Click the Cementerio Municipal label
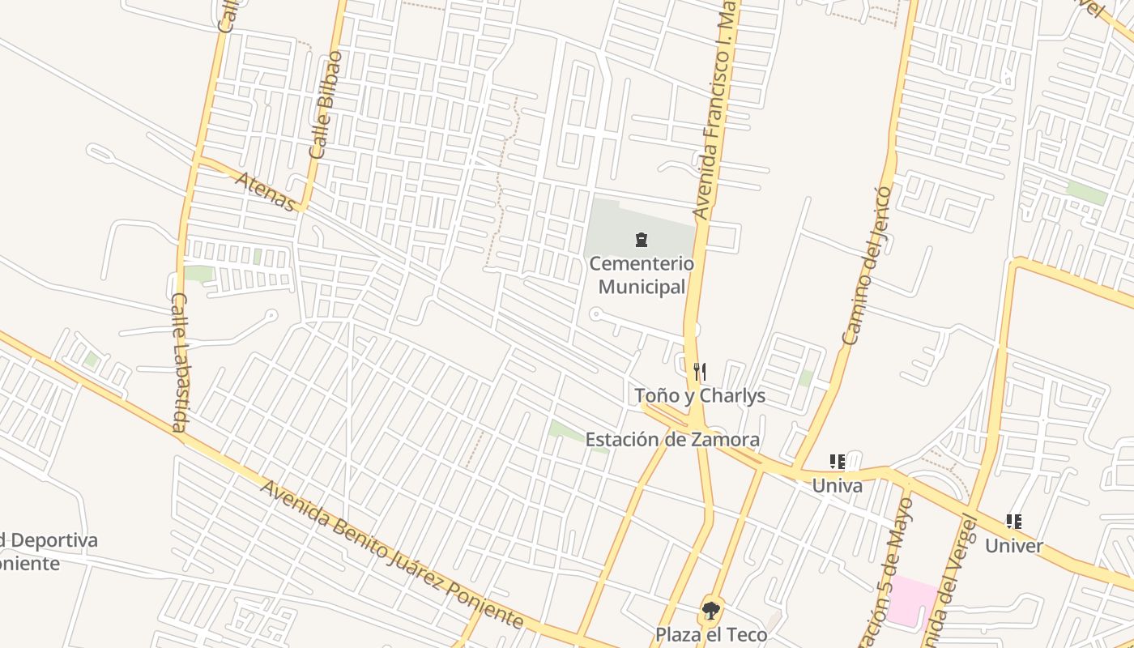(x=642, y=275)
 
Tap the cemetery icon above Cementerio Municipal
(x=642, y=240)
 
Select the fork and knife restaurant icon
(x=700, y=372)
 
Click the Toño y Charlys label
(x=700, y=396)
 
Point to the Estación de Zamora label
(x=672, y=440)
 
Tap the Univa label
(x=837, y=486)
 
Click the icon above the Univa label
(x=837, y=463)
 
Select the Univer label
(x=1014, y=546)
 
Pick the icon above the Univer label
(x=1013, y=522)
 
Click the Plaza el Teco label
(x=711, y=633)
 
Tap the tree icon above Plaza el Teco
(x=711, y=610)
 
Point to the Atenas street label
(x=266, y=191)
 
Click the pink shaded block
(x=912, y=601)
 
